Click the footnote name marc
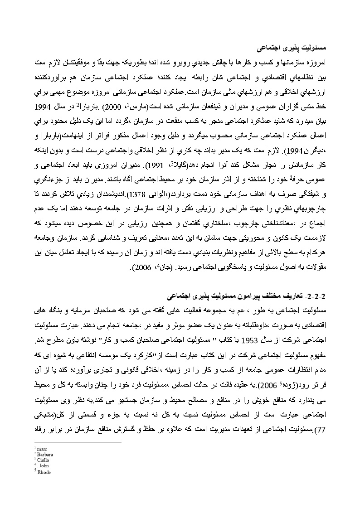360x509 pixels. [42, 449]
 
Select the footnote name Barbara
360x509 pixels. [44, 455]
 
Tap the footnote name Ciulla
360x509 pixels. [43, 461]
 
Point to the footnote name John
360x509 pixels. [44, 466]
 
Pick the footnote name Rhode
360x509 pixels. [44, 472]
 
